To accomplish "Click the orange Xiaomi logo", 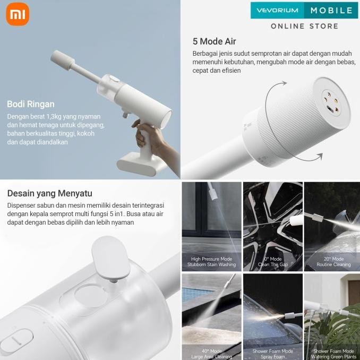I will (x=18, y=15).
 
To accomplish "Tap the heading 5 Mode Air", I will (x=214, y=41).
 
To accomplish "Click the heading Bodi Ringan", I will (x=30, y=104).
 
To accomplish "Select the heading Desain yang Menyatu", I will (x=50, y=193).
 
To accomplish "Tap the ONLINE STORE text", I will (x=304, y=26).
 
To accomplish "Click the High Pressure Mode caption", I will (x=211, y=262).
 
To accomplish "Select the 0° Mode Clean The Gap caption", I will (x=272, y=262).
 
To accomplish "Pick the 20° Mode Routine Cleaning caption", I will (x=333, y=262).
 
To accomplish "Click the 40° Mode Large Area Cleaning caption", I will (x=211, y=354).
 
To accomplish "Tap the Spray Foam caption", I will (x=272, y=356).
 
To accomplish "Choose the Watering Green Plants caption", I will (x=333, y=356).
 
